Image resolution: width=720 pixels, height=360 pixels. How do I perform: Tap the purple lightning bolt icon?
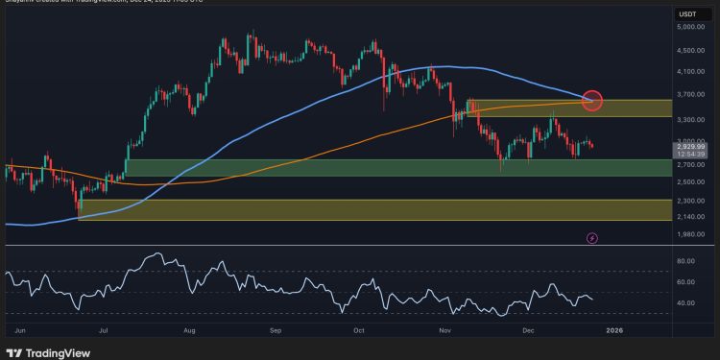[x=592, y=237]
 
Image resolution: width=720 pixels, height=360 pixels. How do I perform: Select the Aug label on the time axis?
[x=189, y=327]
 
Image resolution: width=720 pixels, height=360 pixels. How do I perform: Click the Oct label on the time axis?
[x=358, y=327]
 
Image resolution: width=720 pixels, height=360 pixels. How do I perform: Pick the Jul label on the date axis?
[x=101, y=327]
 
